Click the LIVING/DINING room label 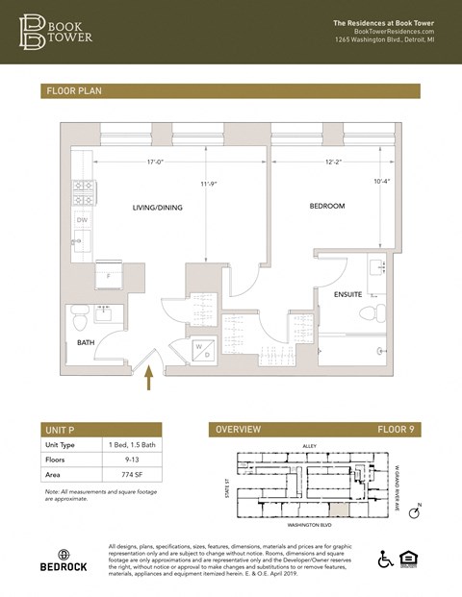tap(157, 208)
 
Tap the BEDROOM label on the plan tap(326, 206)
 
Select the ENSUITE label tap(347, 294)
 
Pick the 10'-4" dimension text tap(381, 181)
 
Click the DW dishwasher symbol tap(83, 220)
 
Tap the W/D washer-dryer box tap(204, 351)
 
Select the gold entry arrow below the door tap(149, 381)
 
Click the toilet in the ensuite tap(366, 314)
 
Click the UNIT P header tap(64, 429)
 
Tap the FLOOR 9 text tap(396, 429)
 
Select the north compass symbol tap(415, 514)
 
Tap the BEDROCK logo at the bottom tap(64, 560)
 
